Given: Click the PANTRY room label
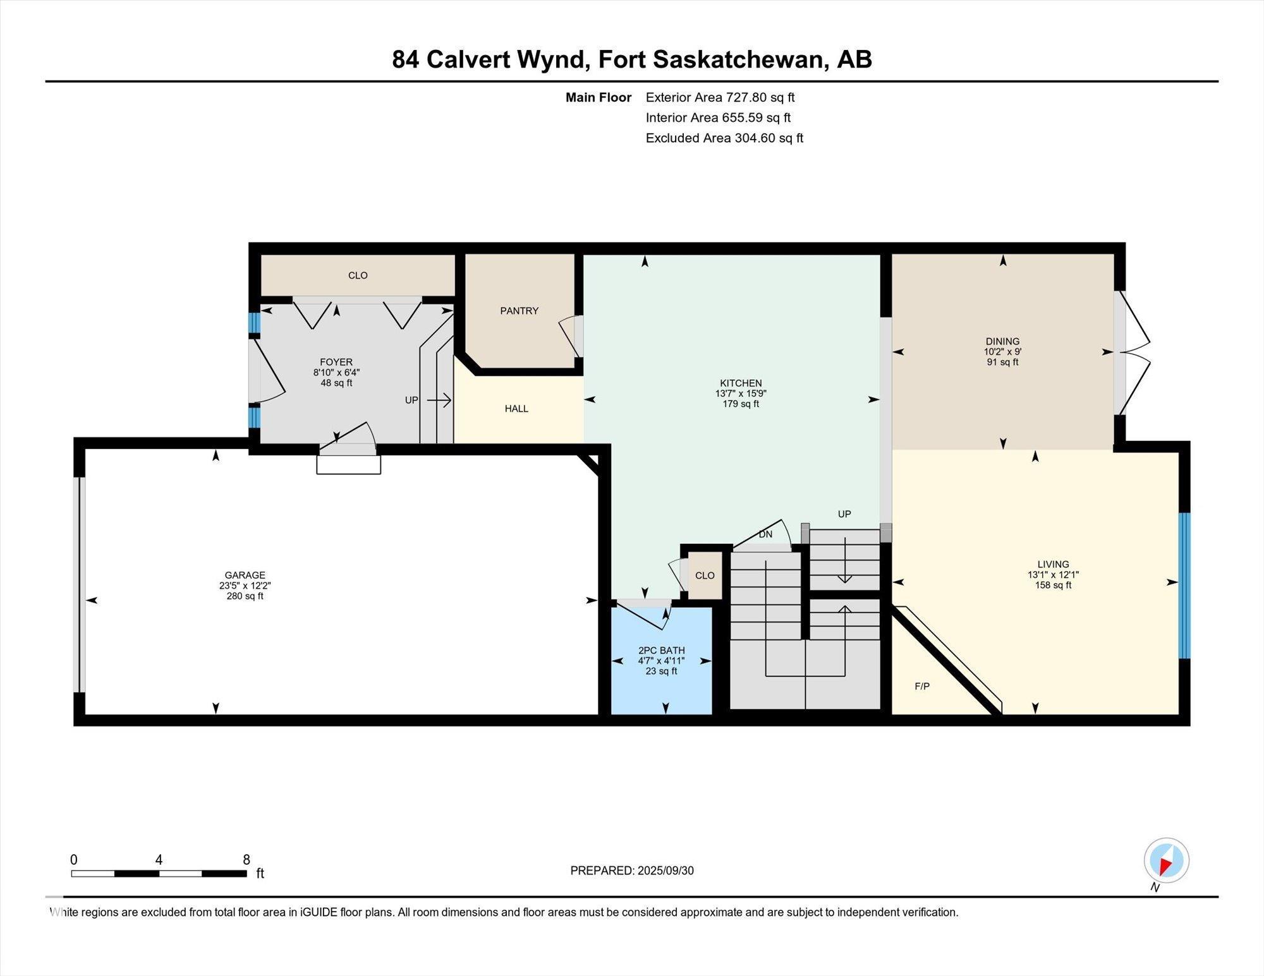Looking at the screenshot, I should [x=519, y=311].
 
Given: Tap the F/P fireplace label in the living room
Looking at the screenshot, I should [x=922, y=686].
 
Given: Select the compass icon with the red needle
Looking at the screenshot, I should [x=1166, y=860].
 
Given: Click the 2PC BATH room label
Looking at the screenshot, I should [x=661, y=650].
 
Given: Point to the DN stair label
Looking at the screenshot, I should [x=765, y=534].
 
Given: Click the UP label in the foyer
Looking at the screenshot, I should [x=411, y=400].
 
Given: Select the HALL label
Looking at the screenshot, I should [x=516, y=409].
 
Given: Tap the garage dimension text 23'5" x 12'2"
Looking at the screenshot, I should [x=245, y=586].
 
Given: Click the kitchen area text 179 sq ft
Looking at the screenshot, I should [x=741, y=404].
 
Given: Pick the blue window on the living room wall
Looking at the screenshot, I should [x=1184, y=586].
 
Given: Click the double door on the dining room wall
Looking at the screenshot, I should [x=1131, y=352].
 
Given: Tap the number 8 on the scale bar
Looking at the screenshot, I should [x=246, y=860].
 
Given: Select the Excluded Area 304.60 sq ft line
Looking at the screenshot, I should [x=724, y=138].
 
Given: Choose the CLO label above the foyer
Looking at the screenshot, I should [x=358, y=275].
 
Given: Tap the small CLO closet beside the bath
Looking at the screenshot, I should [x=704, y=575].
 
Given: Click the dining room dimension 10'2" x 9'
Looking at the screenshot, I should [x=1002, y=352].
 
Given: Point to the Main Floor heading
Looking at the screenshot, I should [x=598, y=97].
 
